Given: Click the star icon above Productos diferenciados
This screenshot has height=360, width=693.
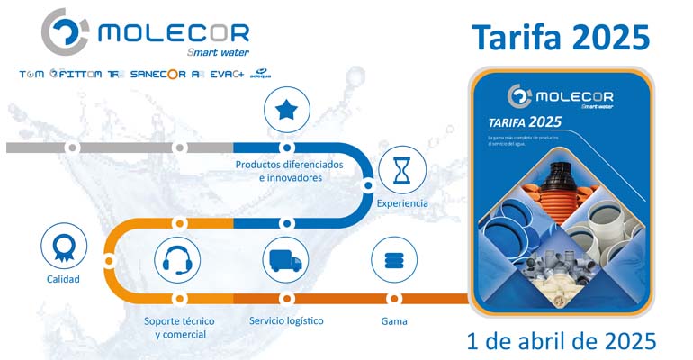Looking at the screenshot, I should coord(286,111).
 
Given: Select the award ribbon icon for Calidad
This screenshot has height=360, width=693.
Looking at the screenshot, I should coord(64,245).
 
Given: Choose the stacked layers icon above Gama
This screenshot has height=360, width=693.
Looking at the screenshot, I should coord(393,259).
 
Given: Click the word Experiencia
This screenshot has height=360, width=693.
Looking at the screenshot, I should coord(402,204).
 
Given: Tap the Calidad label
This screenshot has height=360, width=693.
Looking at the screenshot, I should coord(64,279).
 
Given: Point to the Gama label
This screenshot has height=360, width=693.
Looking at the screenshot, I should coord(394,321).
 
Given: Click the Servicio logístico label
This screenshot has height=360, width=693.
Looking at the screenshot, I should coord(286,321).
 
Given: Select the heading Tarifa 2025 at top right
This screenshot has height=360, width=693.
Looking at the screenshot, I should coord(561,37).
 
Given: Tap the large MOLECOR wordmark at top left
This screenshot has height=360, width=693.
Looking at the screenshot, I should coord(172,33).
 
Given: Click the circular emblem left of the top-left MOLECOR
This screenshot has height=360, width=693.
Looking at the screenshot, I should coord(64,31).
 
